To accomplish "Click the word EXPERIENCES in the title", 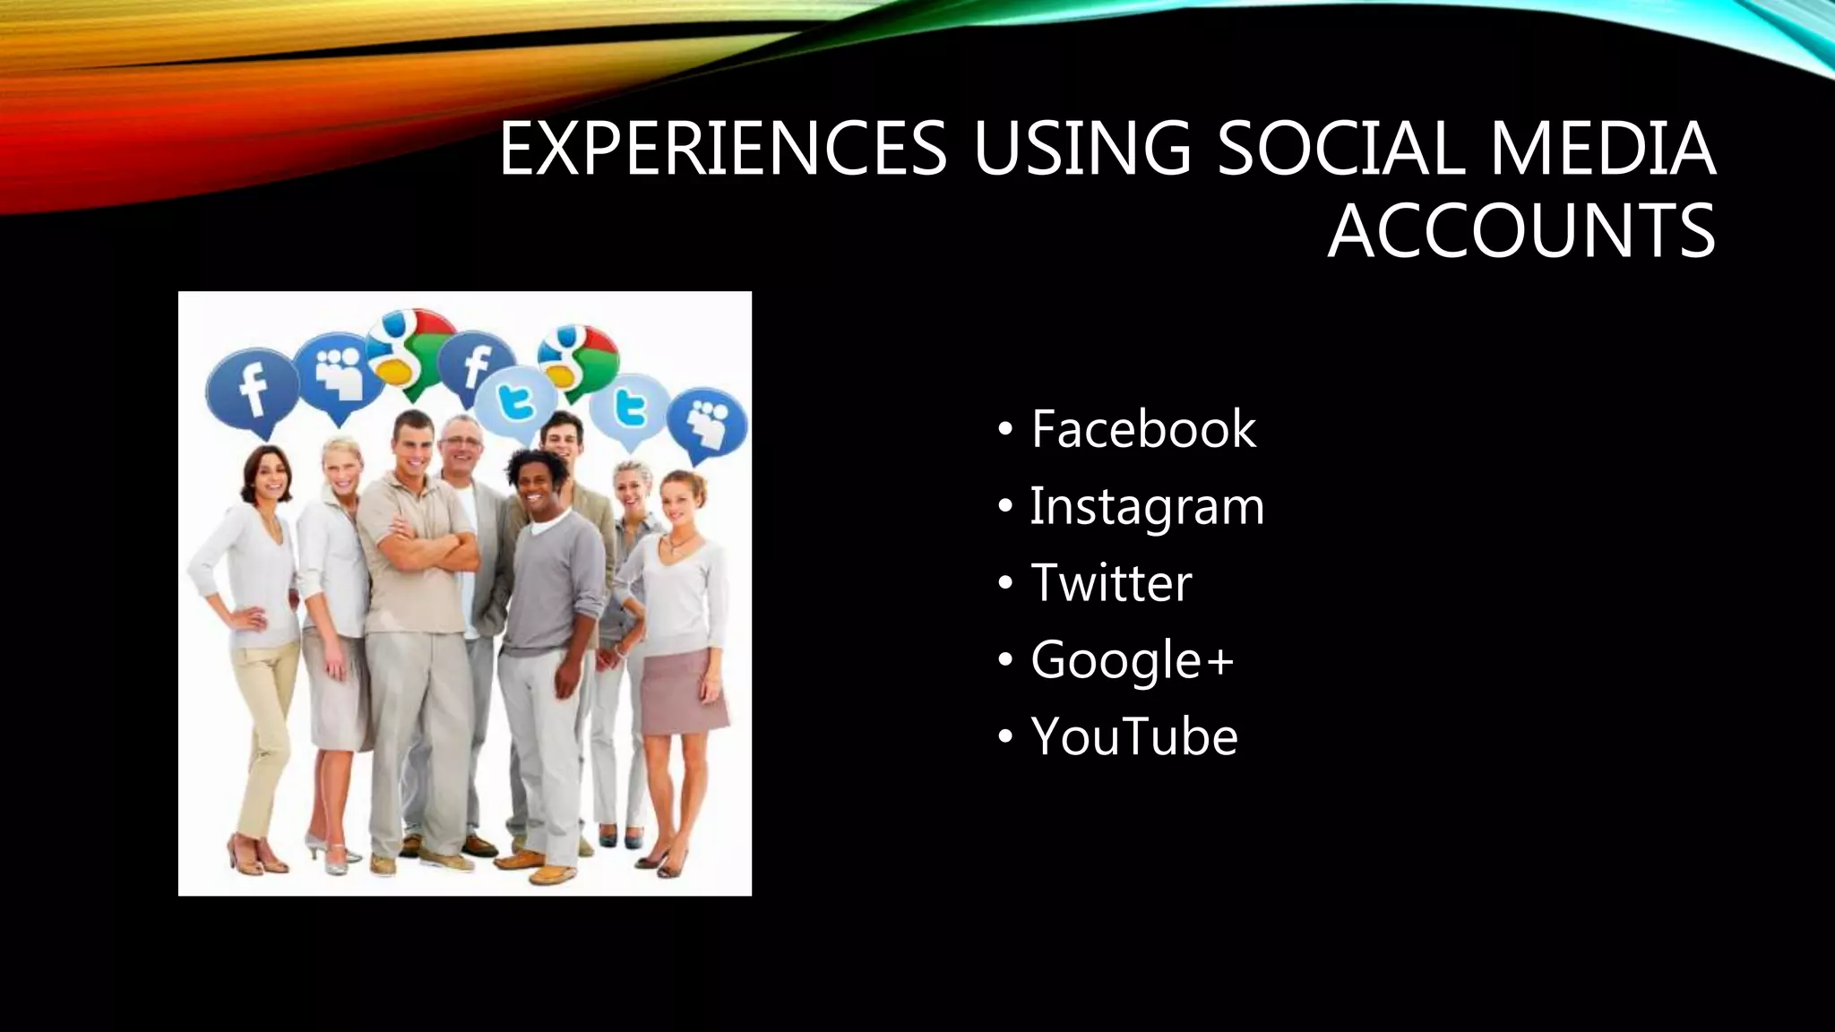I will [x=722, y=148].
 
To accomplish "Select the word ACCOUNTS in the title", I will [x=1521, y=231].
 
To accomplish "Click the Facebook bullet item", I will [x=1142, y=429].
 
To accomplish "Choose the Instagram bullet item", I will [x=1146, y=507].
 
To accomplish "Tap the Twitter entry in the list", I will [x=1111, y=583].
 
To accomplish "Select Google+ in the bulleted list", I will [x=1132, y=660].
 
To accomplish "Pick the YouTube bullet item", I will [x=1133, y=736].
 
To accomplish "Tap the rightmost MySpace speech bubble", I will [x=708, y=421].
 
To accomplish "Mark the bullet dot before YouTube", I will [x=1005, y=737].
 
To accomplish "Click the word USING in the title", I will [x=1081, y=148].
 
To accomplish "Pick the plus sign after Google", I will [x=1219, y=662].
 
